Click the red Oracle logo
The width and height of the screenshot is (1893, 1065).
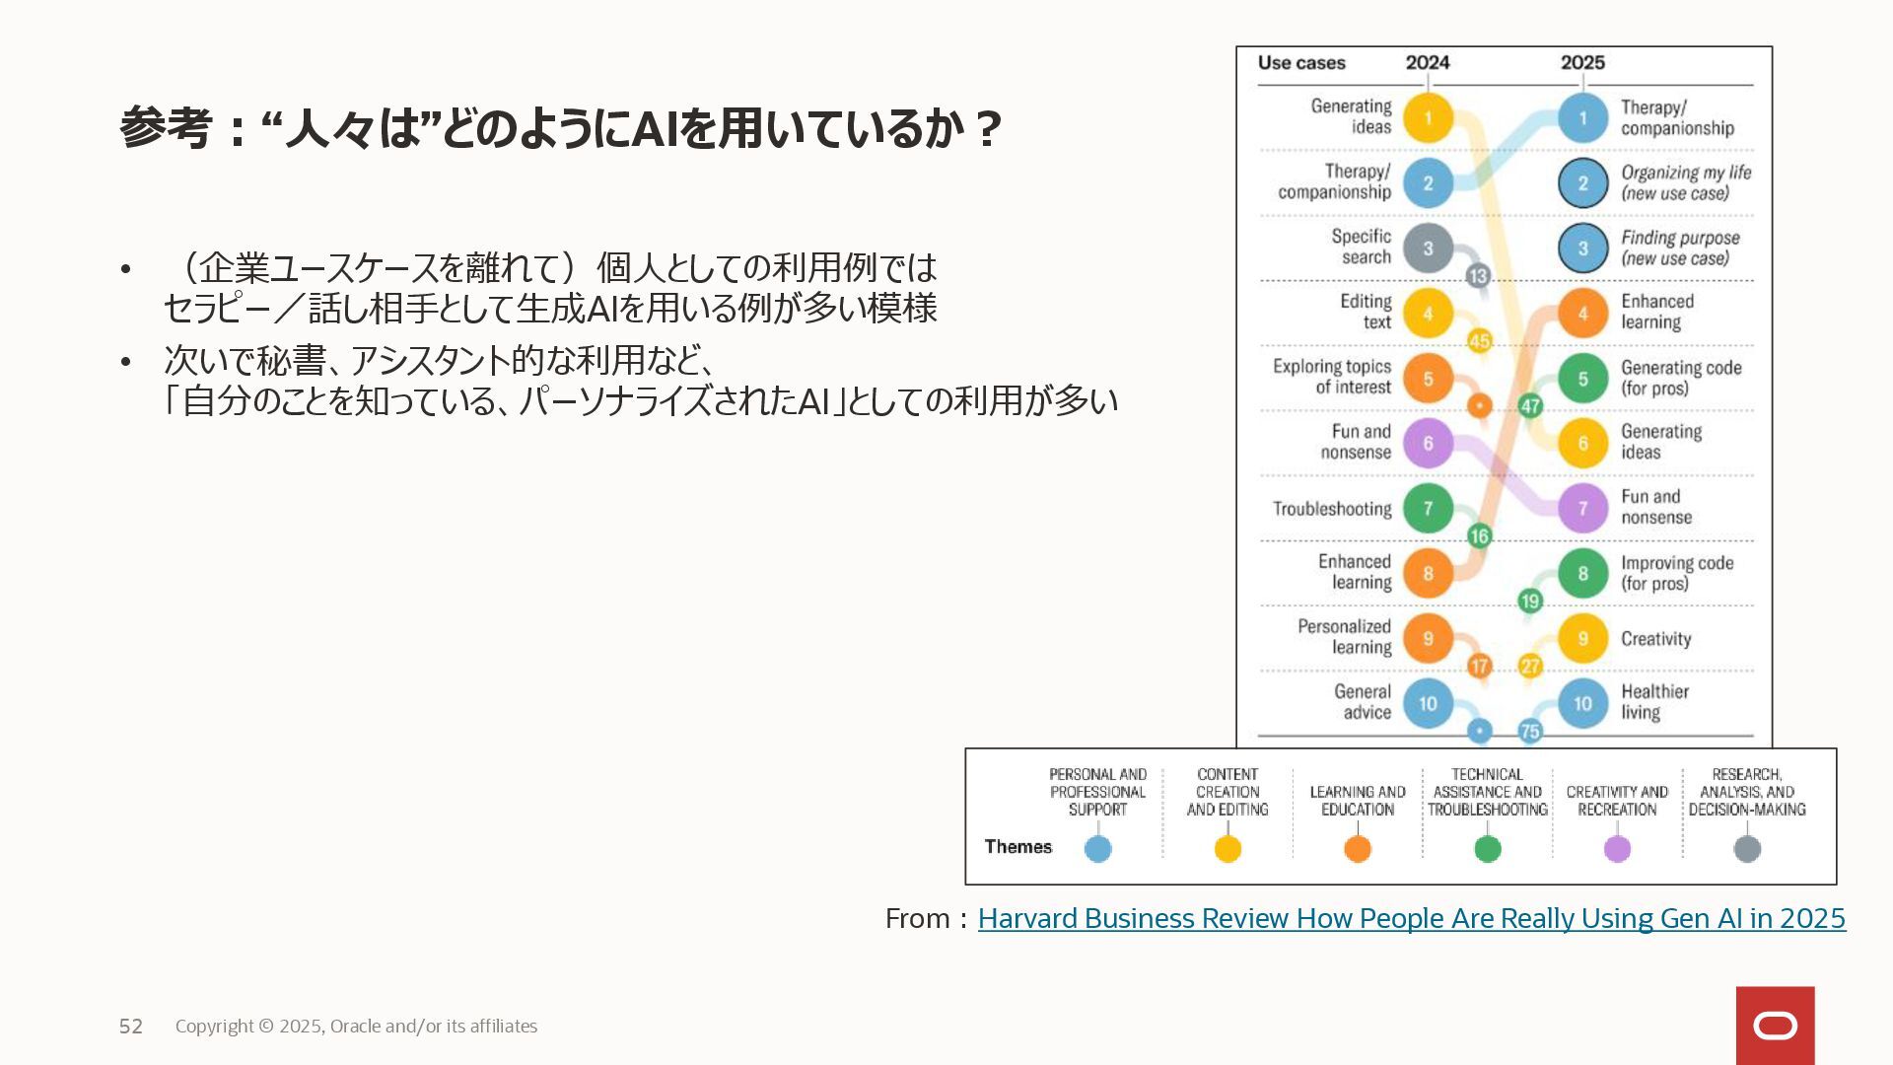point(1775,1026)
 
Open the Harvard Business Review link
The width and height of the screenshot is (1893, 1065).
point(1411,918)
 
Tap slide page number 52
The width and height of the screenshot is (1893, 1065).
point(131,1027)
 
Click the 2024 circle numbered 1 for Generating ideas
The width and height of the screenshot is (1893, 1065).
point(1428,118)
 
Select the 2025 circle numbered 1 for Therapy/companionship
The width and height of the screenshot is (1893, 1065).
point(1582,118)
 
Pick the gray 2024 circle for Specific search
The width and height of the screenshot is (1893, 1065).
point(1428,248)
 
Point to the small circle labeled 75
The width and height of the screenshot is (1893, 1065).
point(1530,731)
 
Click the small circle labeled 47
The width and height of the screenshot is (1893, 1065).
point(1530,405)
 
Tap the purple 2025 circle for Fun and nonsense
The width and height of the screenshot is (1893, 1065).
point(1582,508)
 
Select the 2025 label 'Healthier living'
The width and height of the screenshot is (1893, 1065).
point(1654,702)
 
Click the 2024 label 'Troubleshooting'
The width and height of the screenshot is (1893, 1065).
point(1332,509)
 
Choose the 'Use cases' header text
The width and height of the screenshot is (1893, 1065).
point(1301,63)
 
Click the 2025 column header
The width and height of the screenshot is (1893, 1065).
point(1582,63)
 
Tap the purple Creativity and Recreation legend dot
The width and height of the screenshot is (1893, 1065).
point(1617,849)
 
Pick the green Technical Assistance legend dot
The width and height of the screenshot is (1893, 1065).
point(1487,849)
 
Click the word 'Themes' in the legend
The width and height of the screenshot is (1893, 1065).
point(1017,847)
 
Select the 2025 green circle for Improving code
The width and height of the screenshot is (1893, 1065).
point(1582,573)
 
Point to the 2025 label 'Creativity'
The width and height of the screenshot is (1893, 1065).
point(1655,639)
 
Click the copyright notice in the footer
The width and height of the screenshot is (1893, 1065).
point(356,1027)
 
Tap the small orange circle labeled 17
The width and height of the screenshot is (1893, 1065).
point(1479,666)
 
